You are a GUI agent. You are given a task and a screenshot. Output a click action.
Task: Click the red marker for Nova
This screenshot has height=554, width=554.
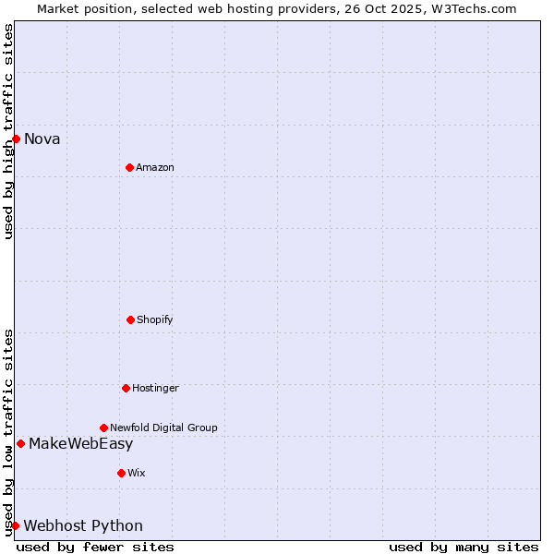16,138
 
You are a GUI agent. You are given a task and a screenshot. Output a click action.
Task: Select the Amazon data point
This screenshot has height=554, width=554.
129,167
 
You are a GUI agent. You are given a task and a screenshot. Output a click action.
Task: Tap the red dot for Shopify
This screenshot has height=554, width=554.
130,319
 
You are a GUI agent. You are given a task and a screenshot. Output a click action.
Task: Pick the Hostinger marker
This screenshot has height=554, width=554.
126,388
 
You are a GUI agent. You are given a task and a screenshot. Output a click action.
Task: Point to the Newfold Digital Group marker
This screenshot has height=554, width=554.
103,428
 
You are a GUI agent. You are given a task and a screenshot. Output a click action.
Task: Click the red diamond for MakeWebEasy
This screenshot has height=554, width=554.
20,443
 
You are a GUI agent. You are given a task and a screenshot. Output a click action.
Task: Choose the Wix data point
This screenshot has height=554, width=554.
121,473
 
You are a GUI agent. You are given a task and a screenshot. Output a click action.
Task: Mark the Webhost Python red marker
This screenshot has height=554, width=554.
15,525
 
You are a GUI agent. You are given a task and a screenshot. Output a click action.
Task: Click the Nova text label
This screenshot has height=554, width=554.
42,139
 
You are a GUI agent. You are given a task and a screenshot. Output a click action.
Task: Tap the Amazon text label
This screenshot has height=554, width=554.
155,167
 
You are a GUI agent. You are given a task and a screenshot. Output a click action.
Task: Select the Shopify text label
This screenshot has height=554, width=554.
155,319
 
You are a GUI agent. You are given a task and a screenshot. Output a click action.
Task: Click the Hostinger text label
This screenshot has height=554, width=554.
155,388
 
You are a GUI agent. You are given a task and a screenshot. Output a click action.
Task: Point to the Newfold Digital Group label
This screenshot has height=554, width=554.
163,428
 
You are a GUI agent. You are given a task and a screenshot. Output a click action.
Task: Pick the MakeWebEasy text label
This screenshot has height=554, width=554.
80,444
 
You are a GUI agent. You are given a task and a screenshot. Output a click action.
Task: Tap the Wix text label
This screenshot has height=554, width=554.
137,473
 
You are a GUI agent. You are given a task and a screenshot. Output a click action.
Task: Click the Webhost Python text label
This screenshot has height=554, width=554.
83,526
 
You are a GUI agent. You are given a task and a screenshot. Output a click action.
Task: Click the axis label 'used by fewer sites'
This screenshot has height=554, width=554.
95,548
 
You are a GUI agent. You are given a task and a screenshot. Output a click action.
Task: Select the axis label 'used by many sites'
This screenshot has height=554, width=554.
464,548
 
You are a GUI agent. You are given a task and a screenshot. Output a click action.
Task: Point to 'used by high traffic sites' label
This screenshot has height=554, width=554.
8,131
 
